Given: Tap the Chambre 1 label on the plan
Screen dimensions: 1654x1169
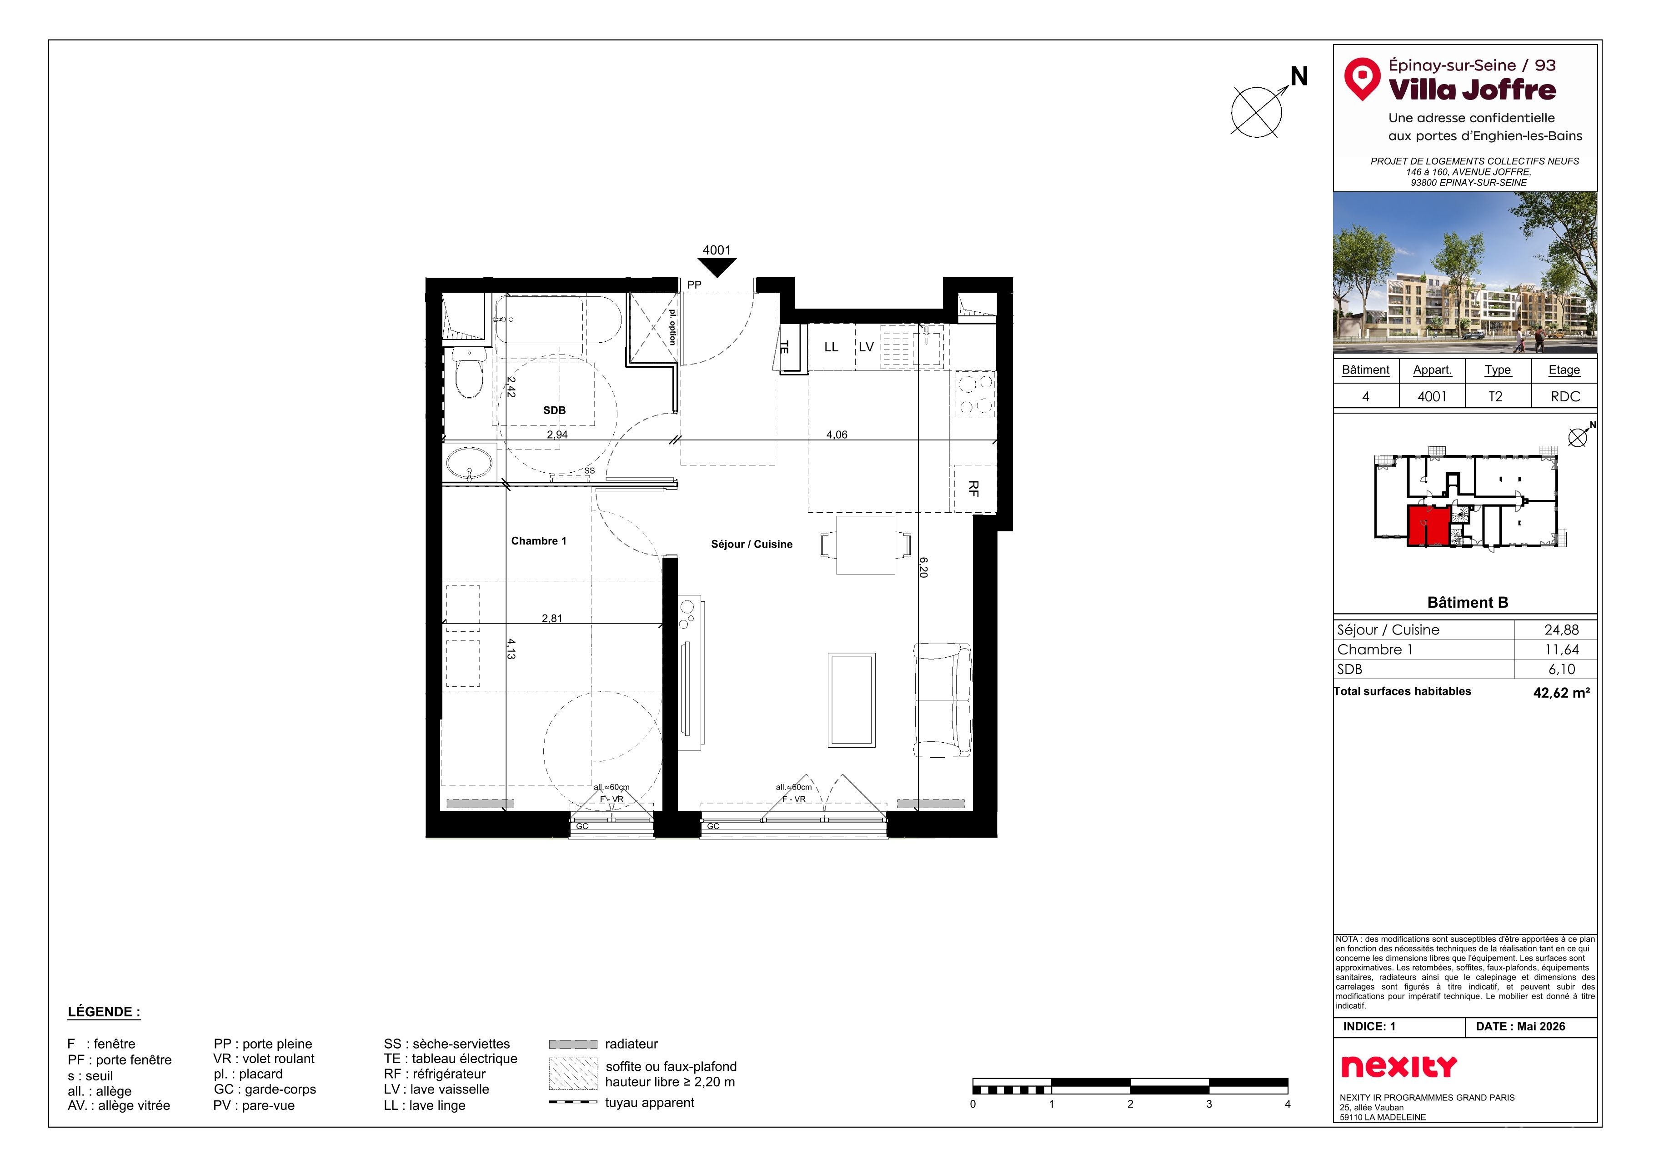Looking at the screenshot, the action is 538,541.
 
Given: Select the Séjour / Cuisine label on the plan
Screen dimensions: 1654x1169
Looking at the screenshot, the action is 752,545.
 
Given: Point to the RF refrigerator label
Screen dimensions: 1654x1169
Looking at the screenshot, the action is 974,489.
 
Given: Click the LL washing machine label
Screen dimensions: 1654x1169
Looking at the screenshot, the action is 832,347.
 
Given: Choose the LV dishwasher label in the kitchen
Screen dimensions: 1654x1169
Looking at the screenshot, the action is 866,347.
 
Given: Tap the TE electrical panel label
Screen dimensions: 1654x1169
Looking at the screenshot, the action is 785,347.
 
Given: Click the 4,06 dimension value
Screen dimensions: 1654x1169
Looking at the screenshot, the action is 837,435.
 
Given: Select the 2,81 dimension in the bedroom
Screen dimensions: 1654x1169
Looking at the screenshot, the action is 552,619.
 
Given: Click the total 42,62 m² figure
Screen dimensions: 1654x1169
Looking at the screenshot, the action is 1561,693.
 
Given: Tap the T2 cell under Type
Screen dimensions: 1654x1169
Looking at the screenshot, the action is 1495,397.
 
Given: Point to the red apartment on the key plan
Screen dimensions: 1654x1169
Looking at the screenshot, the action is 1428,526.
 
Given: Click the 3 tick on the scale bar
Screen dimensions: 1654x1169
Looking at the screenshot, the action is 1209,1104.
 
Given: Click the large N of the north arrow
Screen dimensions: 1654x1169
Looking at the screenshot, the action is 1299,76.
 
